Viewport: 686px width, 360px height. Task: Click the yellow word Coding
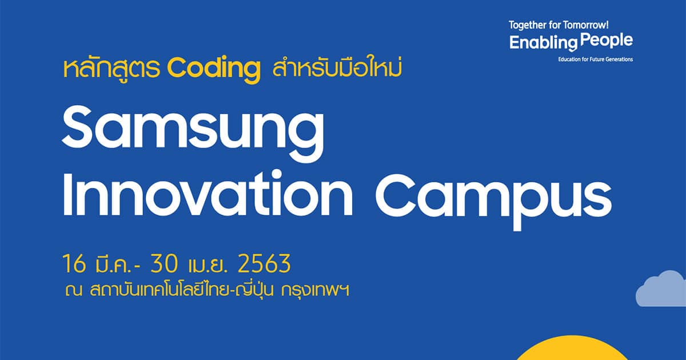point(214,69)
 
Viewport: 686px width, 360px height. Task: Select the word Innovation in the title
point(208,193)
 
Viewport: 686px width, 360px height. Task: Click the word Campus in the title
point(493,199)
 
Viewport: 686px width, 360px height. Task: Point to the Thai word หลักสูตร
point(111,69)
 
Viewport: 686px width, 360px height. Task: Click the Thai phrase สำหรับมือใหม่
point(337,68)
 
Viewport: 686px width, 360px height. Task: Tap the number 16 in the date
point(74,263)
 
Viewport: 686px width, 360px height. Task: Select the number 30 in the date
point(163,263)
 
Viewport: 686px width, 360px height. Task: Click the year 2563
point(264,263)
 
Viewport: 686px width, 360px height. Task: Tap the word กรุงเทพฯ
point(315,290)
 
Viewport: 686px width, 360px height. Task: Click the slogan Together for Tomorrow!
point(559,25)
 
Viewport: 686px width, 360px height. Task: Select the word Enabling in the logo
point(543,43)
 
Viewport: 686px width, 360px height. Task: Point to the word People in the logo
point(607,41)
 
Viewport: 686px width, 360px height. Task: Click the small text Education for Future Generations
point(595,59)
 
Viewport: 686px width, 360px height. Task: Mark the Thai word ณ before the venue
point(74,290)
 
